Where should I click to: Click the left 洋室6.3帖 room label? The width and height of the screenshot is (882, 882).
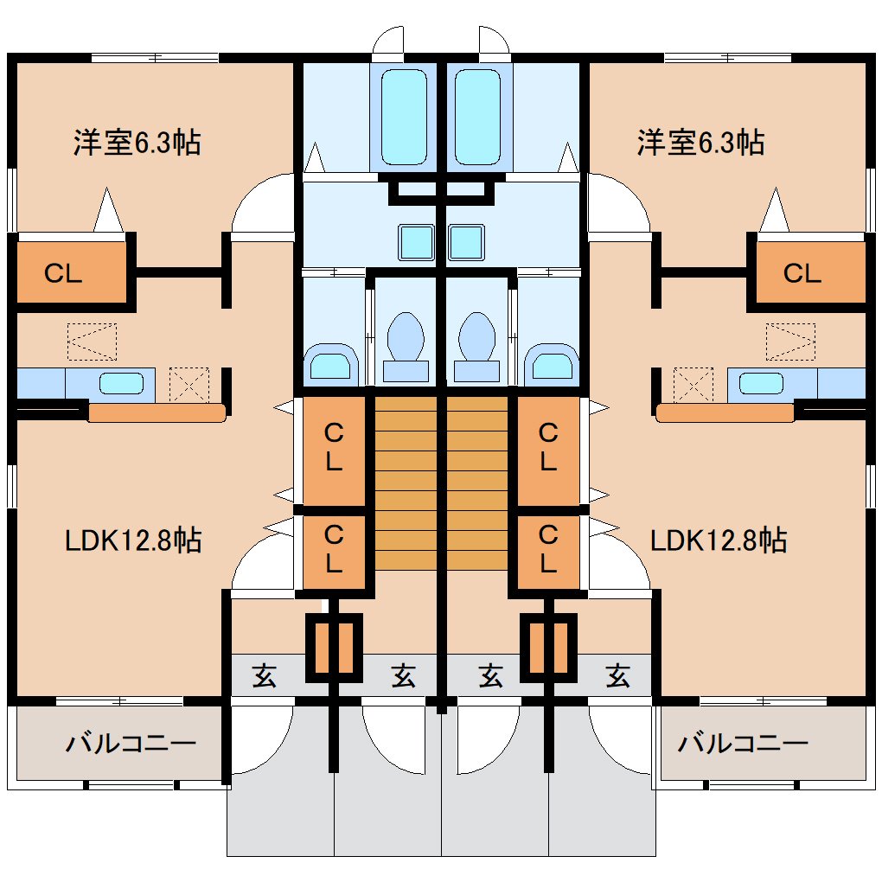(x=137, y=142)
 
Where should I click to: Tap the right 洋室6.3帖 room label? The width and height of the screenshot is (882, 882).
(x=700, y=142)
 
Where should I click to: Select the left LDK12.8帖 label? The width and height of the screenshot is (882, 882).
(x=134, y=541)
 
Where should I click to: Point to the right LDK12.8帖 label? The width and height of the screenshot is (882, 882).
(x=719, y=541)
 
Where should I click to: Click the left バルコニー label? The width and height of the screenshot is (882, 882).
(x=131, y=743)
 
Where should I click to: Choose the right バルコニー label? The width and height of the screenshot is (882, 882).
(x=743, y=743)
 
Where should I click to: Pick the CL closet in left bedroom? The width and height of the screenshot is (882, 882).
(x=64, y=273)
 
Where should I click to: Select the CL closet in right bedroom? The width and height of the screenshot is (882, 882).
(x=802, y=273)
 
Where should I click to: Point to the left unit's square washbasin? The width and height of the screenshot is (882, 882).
(x=415, y=241)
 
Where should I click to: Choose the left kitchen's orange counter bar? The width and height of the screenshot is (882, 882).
(x=157, y=413)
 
